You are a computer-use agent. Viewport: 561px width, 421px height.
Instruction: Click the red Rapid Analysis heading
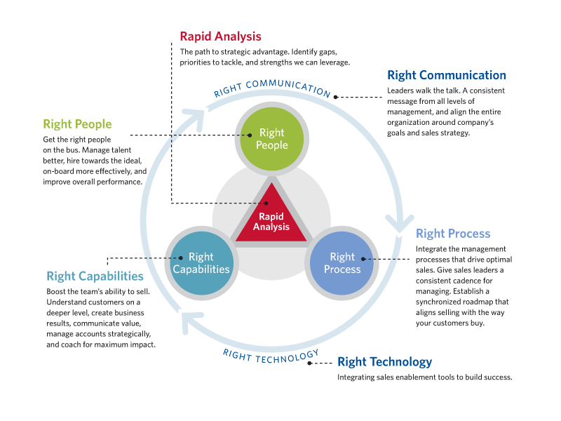(x=220, y=36)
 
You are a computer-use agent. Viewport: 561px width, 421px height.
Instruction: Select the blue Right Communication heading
(x=446, y=75)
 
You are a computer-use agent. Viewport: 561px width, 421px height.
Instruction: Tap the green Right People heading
(x=77, y=124)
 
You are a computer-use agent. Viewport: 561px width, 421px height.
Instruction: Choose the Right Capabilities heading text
(x=95, y=276)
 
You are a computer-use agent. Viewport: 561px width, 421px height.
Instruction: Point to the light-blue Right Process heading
(x=453, y=234)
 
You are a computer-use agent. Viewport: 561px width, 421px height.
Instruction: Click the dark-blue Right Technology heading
(x=384, y=362)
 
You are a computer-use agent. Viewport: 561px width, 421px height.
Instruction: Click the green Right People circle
(x=271, y=138)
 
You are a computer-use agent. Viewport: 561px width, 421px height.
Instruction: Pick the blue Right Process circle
(x=342, y=262)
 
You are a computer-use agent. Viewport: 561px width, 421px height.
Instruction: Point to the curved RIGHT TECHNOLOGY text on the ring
(x=271, y=354)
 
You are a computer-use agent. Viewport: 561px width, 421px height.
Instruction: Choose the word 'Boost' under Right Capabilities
(x=58, y=291)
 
